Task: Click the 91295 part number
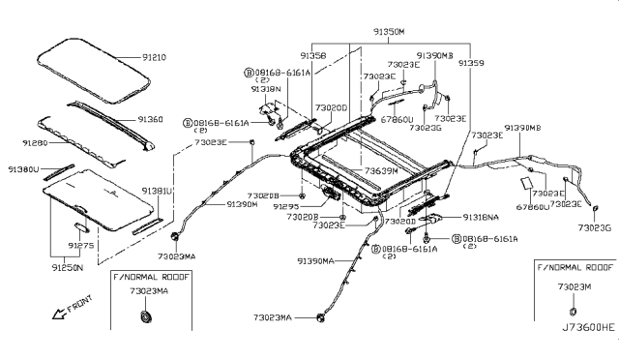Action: coord(286,207)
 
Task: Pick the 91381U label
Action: coord(157,191)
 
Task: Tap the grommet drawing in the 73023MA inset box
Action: coord(147,318)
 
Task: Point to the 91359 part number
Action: coord(470,62)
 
